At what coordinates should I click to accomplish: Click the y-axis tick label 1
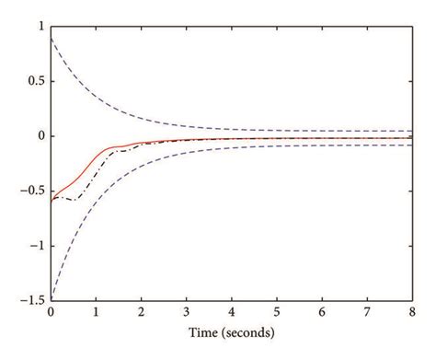pos(39,28)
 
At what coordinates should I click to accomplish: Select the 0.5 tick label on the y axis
pos(33,81)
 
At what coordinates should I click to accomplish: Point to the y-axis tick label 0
pos(39,135)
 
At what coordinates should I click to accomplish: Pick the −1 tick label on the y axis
pos(35,244)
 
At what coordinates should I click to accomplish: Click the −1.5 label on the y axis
pos(29,297)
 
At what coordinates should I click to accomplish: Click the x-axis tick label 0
pos(51,312)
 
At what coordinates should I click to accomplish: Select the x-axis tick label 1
pos(96,312)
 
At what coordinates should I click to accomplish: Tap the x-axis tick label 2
pos(141,312)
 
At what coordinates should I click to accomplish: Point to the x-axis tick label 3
pos(186,312)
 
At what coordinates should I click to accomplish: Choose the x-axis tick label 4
pos(232,312)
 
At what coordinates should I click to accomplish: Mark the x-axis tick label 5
pos(277,312)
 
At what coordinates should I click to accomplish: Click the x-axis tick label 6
pos(322,312)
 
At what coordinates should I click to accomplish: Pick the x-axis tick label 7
pos(367,312)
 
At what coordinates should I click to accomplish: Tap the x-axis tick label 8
pos(412,312)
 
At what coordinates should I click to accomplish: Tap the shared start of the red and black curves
pos(52,199)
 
